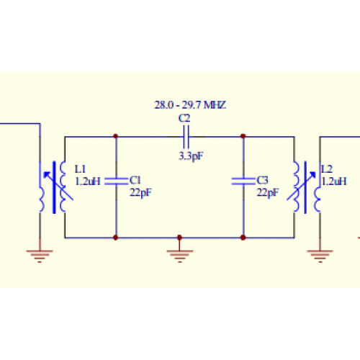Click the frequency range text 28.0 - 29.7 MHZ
(x=190, y=105)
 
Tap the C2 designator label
(x=184, y=117)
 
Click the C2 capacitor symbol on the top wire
(x=184, y=135)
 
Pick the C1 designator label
(x=135, y=181)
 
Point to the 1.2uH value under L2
(x=333, y=182)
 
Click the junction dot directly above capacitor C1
(x=116, y=135)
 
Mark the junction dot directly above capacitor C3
(x=243, y=135)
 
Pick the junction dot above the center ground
(x=179, y=237)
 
